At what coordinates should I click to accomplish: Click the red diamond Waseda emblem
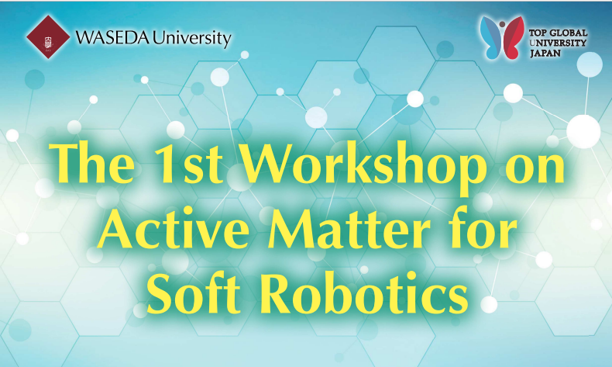coord(48,37)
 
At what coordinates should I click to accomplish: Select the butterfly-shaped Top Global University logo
coord(502,37)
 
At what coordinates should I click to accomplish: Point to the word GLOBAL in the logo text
coord(569,33)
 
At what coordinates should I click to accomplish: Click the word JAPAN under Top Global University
coord(545,54)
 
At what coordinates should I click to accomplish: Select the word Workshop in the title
coord(363,168)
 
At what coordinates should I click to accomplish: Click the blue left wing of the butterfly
coord(490,37)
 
